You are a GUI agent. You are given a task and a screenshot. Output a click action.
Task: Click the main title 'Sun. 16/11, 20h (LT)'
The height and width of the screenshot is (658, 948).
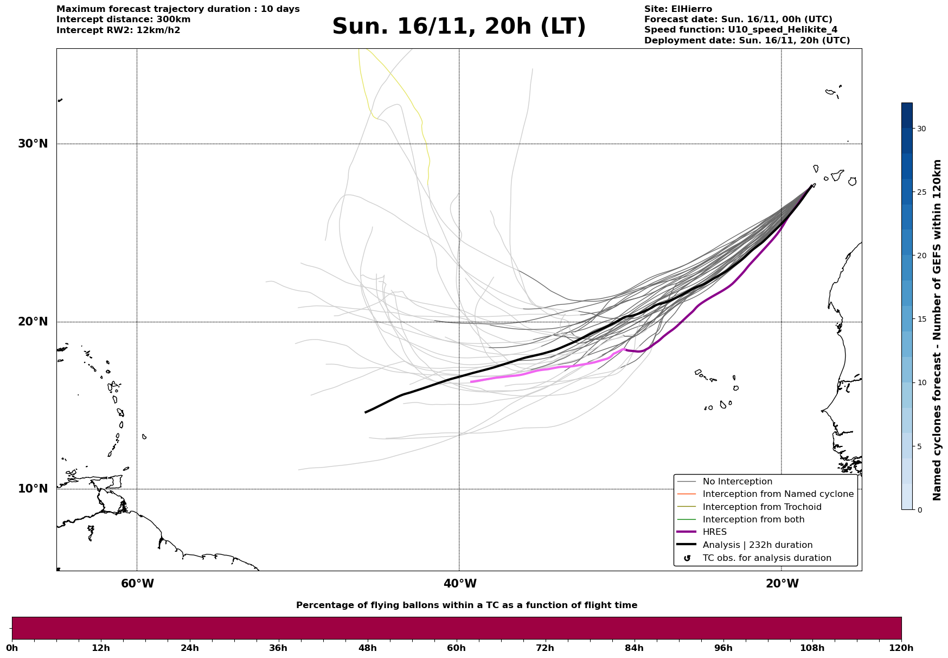(x=459, y=27)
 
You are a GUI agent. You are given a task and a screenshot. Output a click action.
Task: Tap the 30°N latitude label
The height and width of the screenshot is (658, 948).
(x=33, y=144)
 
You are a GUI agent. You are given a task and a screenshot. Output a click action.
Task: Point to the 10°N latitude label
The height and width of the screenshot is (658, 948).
(x=33, y=489)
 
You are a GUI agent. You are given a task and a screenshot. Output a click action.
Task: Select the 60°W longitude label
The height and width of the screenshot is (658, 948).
(x=137, y=584)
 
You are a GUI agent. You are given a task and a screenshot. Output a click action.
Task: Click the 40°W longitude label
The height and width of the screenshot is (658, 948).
(x=460, y=584)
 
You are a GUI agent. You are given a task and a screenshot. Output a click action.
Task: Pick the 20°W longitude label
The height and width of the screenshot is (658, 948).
(x=782, y=584)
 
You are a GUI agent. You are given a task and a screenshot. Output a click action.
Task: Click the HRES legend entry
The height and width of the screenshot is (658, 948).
(x=714, y=532)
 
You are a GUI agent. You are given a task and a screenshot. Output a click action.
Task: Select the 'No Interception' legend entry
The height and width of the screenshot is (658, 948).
(x=737, y=482)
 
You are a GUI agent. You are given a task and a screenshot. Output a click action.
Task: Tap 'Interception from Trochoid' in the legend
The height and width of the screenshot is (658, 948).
(x=761, y=507)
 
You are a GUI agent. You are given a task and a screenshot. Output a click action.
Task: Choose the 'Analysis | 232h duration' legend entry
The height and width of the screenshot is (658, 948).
(x=757, y=545)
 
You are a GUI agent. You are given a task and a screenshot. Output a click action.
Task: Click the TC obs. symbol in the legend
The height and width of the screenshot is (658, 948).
(x=687, y=558)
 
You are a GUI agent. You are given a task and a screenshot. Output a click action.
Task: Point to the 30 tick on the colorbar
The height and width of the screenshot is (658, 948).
(x=921, y=129)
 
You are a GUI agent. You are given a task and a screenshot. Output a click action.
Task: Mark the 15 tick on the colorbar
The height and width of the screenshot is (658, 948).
(x=921, y=319)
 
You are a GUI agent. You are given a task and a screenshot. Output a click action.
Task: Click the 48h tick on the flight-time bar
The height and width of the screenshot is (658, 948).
(x=368, y=648)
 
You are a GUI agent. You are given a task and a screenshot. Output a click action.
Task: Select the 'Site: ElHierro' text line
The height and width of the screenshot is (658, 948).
(x=678, y=9)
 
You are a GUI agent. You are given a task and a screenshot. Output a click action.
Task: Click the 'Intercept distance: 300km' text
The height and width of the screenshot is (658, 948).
(x=123, y=20)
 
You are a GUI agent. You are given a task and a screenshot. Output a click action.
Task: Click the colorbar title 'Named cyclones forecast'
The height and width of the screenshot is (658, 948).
(x=937, y=330)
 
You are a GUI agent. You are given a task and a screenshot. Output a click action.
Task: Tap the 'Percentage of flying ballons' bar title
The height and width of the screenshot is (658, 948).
(x=466, y=605)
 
